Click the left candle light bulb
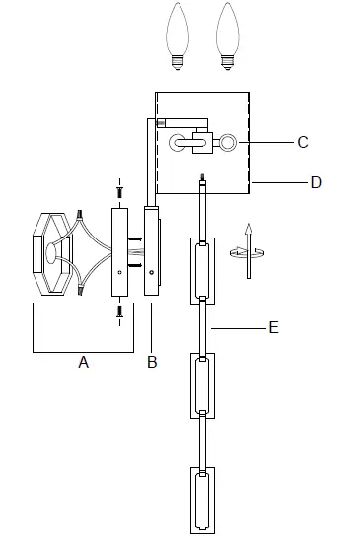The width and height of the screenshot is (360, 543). (178, 36)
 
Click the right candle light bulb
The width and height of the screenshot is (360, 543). (227, 36)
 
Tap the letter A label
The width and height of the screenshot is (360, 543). (84, 363)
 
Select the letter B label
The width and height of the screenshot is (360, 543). (152, 362)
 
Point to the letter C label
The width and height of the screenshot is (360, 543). (303, 142)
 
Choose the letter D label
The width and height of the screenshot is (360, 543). (316, 182)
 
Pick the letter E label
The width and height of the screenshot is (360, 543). (274, 327)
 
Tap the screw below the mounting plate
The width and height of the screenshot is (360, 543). (120, 312)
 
